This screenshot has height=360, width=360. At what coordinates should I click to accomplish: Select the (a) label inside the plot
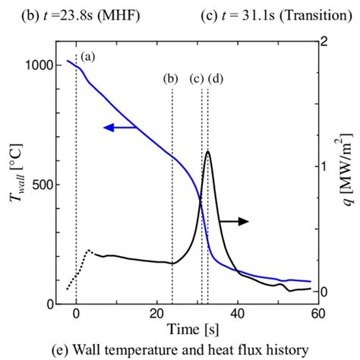click(88, 56)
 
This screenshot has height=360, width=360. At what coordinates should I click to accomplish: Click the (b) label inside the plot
click(172, 78)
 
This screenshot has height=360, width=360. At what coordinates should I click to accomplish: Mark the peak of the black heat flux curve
click(208, 152)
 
